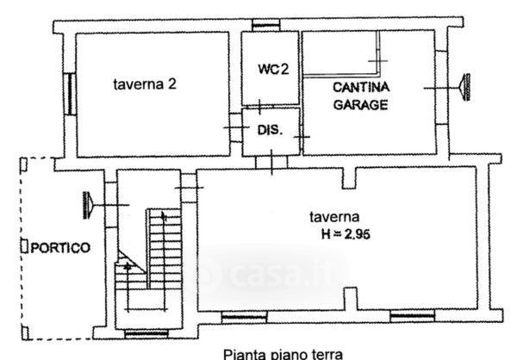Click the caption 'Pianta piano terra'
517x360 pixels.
283,352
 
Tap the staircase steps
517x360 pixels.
159,250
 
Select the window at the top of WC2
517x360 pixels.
270,28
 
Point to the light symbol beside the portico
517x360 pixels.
89,204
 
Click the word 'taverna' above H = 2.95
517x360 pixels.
337,217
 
